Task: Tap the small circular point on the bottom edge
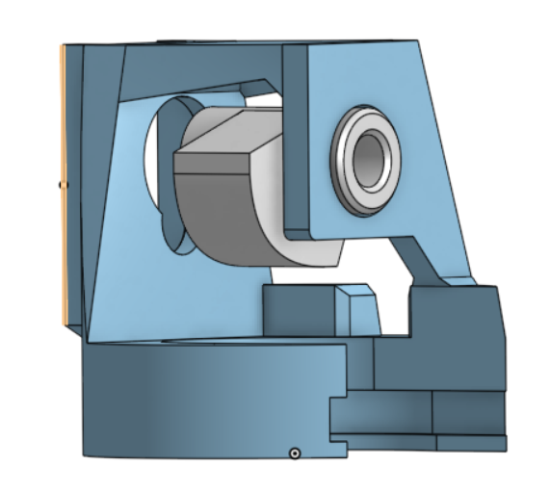pyautogui.click(x=296, y=452)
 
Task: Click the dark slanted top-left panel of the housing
pyautogui.click(x=101, y=144)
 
